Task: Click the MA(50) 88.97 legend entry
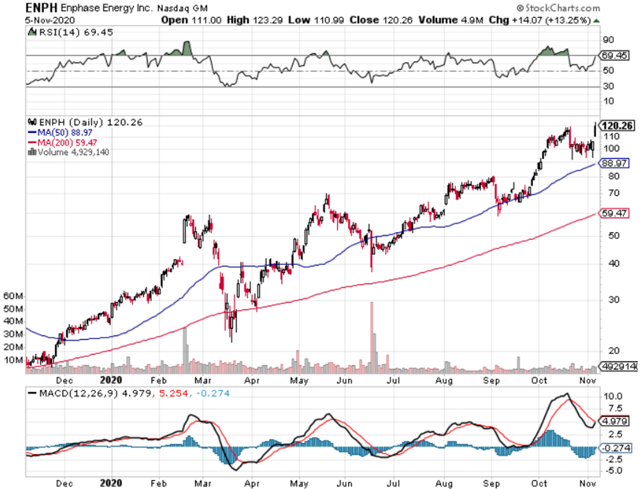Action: point(61,132)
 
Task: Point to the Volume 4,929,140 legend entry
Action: point(69,151)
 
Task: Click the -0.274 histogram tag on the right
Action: point(613,448)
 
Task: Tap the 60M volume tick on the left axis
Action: point(14,297)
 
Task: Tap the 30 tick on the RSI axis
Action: point(608,86)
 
